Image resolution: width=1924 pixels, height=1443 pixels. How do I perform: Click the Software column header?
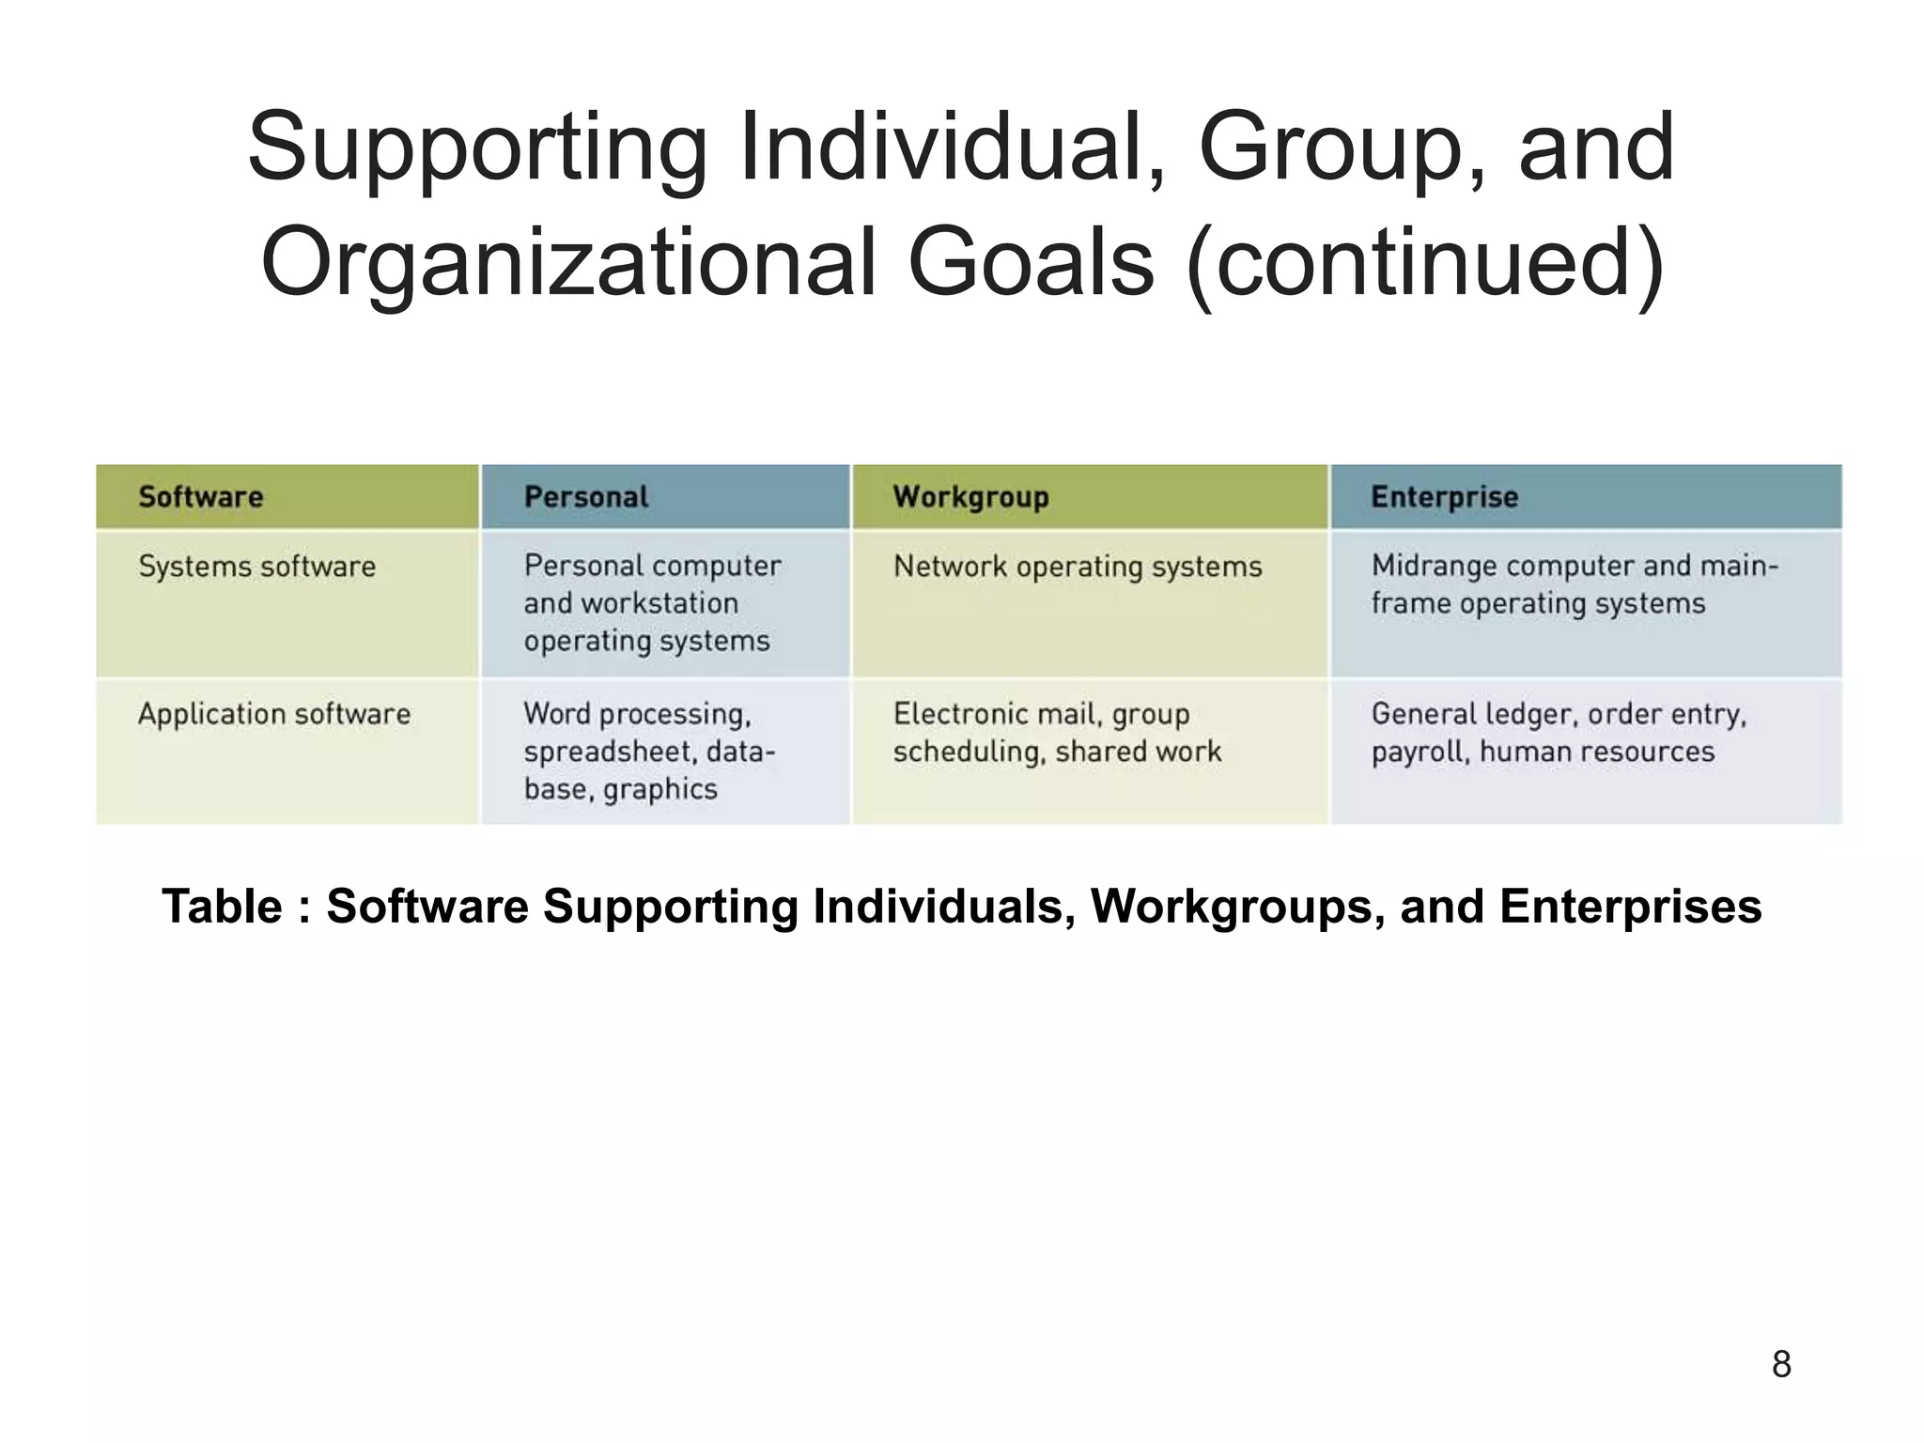tap(201, 497)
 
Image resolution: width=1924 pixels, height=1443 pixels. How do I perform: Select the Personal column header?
tap(586, 497)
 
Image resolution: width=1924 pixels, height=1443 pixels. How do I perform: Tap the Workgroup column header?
tap(970, 497)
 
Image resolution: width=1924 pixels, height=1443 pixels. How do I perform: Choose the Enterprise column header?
tap(1444, 497)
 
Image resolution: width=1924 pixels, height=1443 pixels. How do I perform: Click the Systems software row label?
tap(256, 566)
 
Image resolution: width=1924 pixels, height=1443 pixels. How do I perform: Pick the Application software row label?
tap(274, 714)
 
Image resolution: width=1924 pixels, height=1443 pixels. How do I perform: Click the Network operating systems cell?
tap(1078, 566)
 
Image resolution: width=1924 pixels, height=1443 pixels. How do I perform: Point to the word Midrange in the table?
tap(1434, 566)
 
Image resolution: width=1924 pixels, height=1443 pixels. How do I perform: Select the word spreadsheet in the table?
tap(610, 752)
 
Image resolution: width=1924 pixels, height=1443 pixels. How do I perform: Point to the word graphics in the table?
tap(660, 789)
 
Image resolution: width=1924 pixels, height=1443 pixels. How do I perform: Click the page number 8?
tap(1781, 1364)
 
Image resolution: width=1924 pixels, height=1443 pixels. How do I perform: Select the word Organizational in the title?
tap(566, 262)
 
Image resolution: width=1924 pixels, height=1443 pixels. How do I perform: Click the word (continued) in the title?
tap(1425, 262)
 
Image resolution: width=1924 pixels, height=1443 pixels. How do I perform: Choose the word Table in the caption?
tap(222, 907)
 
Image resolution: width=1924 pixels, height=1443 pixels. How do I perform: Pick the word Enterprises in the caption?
tap(1630, 907)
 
